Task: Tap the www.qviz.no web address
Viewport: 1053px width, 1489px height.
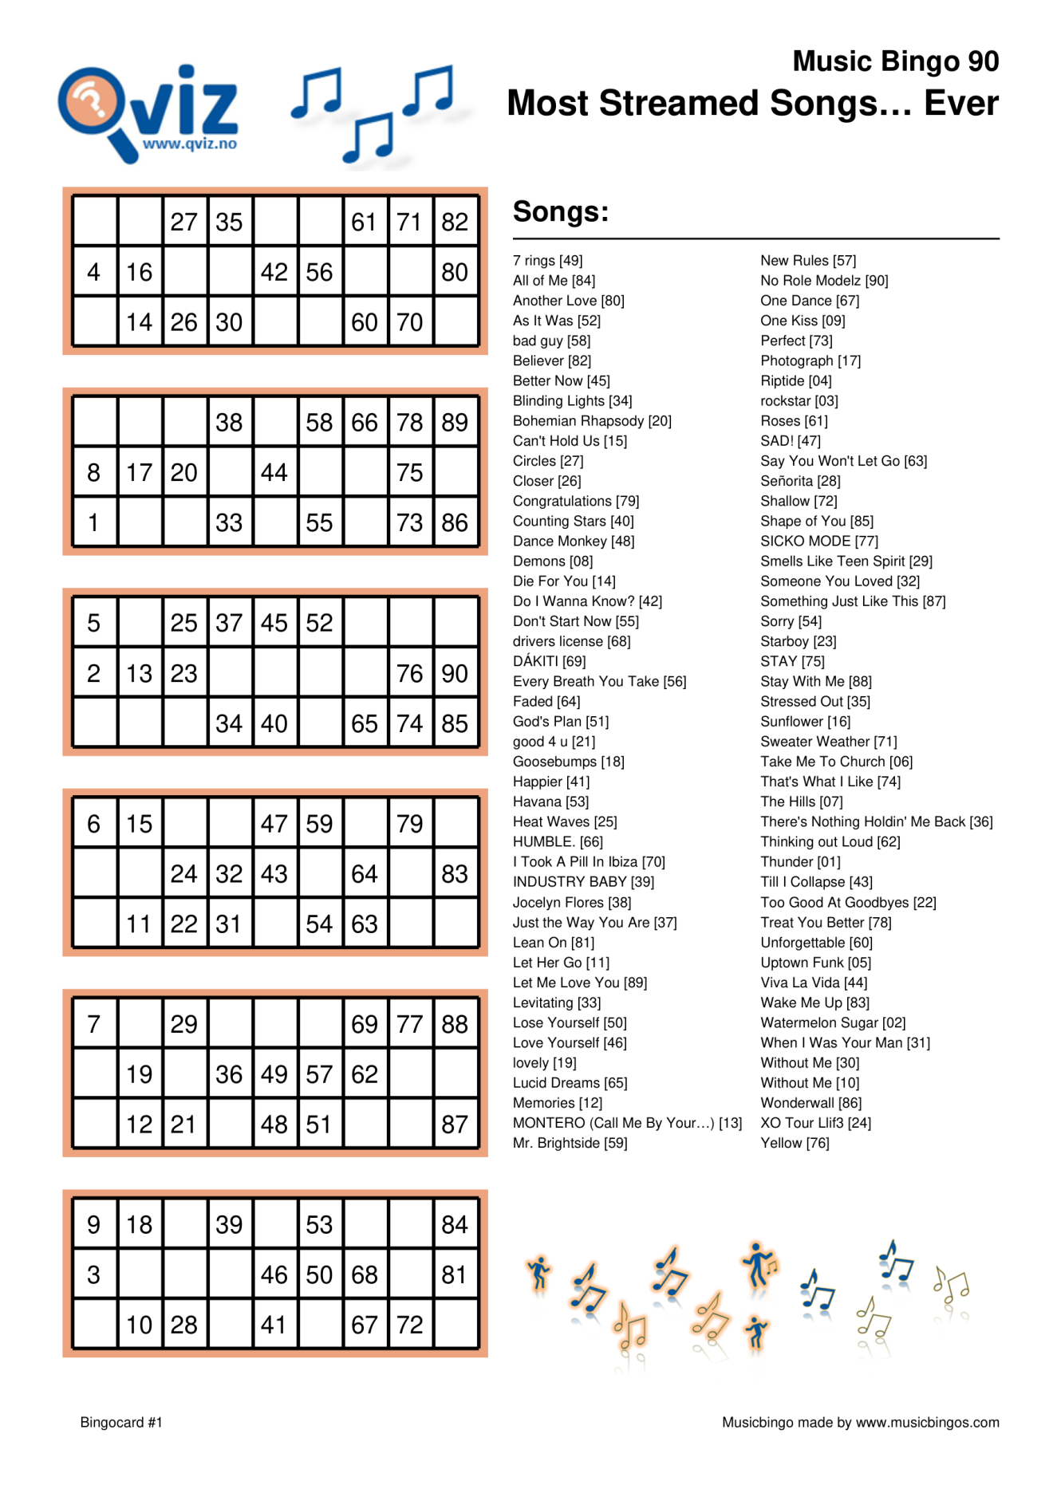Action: coord(190,144)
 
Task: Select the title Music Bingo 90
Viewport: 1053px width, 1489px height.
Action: coord(895,61)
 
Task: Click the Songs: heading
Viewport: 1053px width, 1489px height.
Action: coord(561,212)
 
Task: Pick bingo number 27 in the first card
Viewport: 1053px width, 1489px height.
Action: coord(183,223)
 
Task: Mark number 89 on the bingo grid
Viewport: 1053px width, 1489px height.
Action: coord(455,423)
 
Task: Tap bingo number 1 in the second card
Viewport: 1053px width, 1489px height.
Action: coord(93,523)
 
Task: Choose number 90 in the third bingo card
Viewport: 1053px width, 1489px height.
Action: coord(455,674)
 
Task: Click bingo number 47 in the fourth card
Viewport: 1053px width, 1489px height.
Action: coord(274,824)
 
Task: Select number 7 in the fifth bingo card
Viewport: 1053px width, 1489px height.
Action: coord(93,1024)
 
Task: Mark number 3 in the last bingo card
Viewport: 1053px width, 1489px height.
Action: coord(93,1274)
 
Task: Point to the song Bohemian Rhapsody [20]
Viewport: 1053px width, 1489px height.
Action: coord(592,421)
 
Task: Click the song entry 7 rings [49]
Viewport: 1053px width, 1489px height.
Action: coord(547,261)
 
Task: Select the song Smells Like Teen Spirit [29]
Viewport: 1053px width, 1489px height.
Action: coord(846,561)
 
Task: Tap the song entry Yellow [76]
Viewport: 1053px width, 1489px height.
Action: coord(795,1143)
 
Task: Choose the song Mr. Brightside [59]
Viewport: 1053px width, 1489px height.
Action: coord(570,1143)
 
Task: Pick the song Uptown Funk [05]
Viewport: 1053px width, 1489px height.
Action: coord(815,963)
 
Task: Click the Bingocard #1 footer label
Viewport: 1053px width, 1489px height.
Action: coord(121,1422)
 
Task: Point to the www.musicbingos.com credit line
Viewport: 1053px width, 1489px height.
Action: coord(860,1422)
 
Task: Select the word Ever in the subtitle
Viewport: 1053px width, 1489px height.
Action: coord(960,104)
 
